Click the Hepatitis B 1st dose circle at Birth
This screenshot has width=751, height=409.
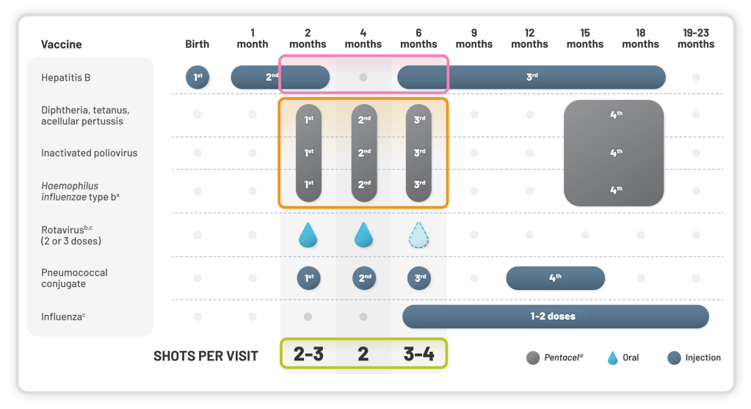pyautogui.click(x=197, y=77)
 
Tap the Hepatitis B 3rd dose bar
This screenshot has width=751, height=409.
pyautogui.click(x=531, y=77)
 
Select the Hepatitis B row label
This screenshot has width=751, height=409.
pyautogui.click(x=66, y=77)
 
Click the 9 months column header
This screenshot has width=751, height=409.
pyautogui.click(x=474, y=38)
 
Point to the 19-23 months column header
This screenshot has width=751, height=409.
pyautogui.click(x=696, y=38)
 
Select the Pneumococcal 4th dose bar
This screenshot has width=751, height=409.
pyautogui.click(x=555, y=278)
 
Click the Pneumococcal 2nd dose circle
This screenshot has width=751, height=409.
pyautogui.click(x=363, y=278)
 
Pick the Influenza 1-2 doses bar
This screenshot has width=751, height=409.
pyautogui.click(x=555, y=316)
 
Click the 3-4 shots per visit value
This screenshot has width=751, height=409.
pyautogui.click(x=418, y=355)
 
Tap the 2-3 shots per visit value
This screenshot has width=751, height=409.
pyautogui.click(x=308, y=355)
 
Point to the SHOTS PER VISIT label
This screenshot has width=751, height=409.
pyautogui.click(x=206, y=356)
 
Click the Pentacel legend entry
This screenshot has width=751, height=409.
pyautogui.click(x=555, y=358)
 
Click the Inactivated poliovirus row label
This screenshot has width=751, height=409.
pyautogui.click(x=90, y=153)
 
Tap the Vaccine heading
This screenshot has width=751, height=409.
pyautogui.click(x=62, y=44)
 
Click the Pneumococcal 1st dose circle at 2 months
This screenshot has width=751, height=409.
pyautogui.click(x=308, y=278)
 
